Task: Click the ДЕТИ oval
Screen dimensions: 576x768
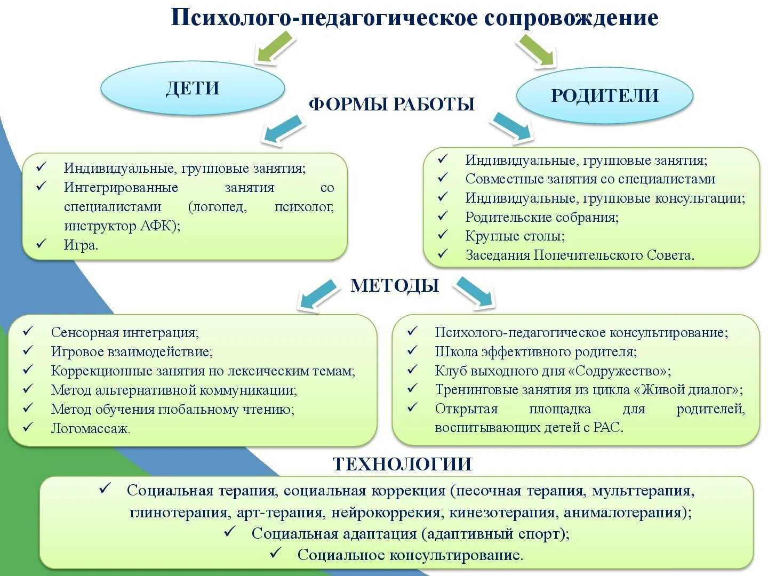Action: click(x=193, y=88)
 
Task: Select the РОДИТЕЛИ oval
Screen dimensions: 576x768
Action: click(x=604, y=95)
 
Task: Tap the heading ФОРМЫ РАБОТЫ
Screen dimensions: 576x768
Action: click(x=391, y=104)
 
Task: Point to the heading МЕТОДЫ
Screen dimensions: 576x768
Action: click(x=395, y=286)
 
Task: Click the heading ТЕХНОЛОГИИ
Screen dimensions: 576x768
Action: click(x=402, y=464)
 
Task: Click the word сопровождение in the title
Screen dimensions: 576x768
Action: click(x=571, y=18)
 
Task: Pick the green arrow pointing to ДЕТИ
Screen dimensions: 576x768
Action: click(x=276, y=47)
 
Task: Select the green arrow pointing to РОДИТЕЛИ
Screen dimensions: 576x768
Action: click(x=537, y=51)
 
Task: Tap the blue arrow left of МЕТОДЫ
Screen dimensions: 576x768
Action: click(x=318, y=294)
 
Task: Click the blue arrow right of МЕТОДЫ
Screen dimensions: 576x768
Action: click(x=474, y=292)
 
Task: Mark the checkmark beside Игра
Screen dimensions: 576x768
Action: click(x=42, y=244)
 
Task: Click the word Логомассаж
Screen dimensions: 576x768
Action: click(x=90, y=428)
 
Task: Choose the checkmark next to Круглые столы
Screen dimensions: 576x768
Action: click(x=443, y=235)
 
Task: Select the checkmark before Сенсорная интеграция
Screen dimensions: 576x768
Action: click(x=28, y=331)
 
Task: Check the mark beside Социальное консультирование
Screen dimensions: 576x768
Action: click(x=276, y=554)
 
